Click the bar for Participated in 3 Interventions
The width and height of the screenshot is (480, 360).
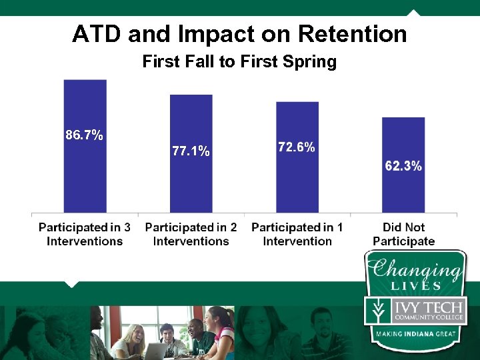(85, 173)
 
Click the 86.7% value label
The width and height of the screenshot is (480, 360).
(84, 135)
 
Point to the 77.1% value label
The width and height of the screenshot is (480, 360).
(191, 151)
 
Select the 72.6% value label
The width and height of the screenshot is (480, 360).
(297, 147)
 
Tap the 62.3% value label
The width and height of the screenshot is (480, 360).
(403, 166)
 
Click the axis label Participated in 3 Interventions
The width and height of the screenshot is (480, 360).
(85, 234)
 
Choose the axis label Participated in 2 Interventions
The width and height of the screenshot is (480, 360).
(191, 234)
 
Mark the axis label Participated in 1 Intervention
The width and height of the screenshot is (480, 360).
(297, 234)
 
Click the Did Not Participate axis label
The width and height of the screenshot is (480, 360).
(403, 234)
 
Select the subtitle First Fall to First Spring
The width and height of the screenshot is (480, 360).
(239, 62)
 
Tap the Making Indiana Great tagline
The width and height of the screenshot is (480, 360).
(414, 333)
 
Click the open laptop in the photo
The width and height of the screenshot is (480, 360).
(156, 350)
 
